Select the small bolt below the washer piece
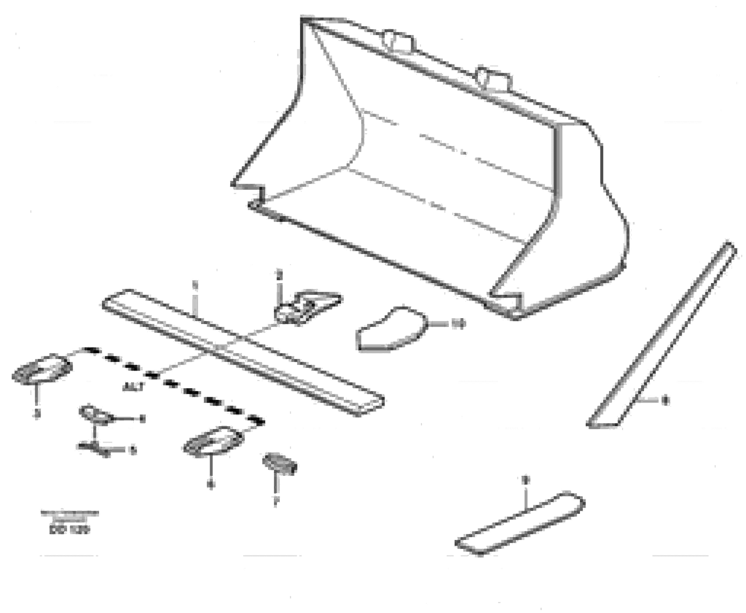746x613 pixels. [94, 448]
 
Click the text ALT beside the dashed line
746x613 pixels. [133, 387]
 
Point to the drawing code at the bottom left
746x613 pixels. [70, 530]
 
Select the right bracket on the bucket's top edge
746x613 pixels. [493, 80]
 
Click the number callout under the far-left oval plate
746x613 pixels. [37, 413]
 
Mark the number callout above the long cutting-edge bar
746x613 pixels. [195, 284]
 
